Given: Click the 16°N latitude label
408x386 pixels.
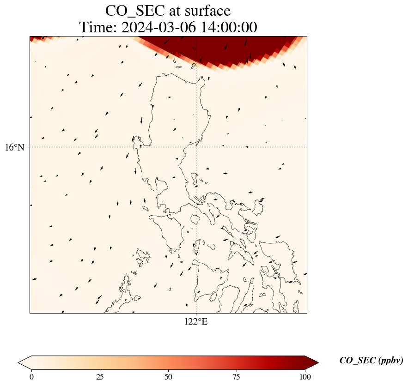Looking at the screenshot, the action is [x=15, y=147].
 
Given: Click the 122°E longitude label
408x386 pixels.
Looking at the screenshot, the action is [x=196, y=322].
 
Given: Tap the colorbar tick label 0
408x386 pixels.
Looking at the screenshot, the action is [x=31, y=377].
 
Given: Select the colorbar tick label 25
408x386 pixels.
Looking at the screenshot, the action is [x=100, y=377].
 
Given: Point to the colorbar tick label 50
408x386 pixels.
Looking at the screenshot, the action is [x=168, y=377].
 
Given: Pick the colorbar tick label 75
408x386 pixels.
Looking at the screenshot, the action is [x=237, y=377].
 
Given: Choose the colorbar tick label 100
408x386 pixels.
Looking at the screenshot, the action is [x=305, y=377].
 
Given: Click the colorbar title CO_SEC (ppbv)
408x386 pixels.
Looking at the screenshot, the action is [x=371, y=361].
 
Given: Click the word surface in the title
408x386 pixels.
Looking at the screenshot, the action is [x=207, y=11].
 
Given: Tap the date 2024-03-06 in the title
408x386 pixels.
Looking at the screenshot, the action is [x=158, y=27].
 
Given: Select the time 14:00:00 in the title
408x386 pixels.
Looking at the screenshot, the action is [x=229, y=27].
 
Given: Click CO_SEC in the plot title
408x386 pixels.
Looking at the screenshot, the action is [x=135, y=11].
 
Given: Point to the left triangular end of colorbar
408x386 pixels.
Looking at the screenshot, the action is [x=24, y=362].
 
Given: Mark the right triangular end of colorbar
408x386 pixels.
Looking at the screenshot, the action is [x=312, y=362].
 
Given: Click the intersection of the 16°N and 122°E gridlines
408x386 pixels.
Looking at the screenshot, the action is [x=196, y=147].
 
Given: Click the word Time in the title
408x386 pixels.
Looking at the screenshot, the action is [x=98, y=27].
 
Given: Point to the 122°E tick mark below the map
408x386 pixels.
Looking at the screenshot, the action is [x=196, y=314].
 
